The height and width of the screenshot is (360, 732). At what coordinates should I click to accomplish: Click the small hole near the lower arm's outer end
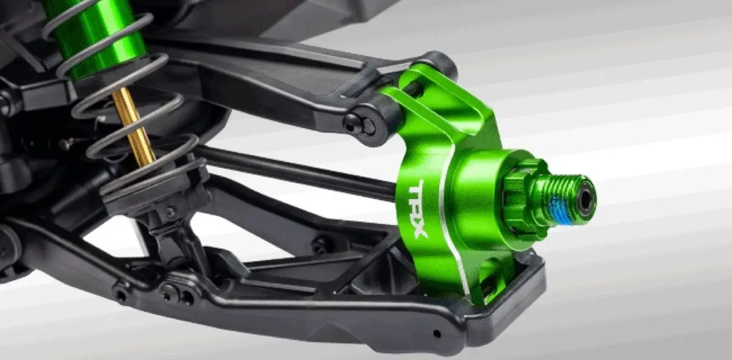(437, 334)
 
